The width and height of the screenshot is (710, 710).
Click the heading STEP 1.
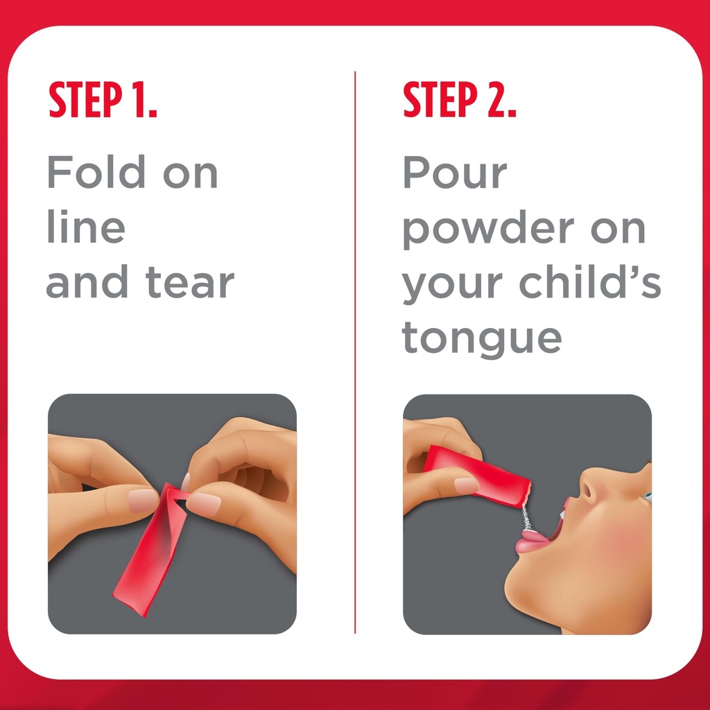[103, 101]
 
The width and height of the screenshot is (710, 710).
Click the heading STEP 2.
[460, 101]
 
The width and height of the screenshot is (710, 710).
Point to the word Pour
[454, 173]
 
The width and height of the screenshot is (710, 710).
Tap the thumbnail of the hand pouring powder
[466, 485]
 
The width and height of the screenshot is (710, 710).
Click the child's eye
[646, 496]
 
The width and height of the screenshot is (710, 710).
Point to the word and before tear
[88, 283]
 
